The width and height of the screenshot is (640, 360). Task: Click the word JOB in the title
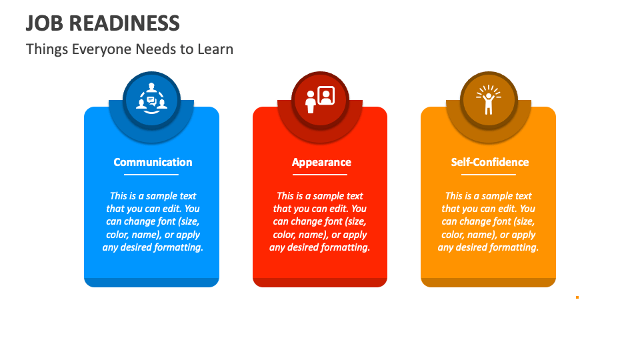[44, 23]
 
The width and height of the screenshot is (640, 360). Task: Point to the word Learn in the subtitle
[215, 49]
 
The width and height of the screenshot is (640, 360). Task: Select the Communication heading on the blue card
[153, 162]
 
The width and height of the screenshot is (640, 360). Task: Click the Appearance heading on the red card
[321, 162]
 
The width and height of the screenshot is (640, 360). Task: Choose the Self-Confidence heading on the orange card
[490, 162]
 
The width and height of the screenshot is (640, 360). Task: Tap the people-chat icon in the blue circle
[152, 100]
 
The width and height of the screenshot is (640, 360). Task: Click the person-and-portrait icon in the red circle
[320, 100]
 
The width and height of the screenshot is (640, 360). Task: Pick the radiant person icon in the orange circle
[489, 100]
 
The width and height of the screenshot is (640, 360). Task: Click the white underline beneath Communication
[151, 175]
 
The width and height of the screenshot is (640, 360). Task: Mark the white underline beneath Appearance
[320, 175]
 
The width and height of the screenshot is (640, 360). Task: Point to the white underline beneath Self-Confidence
[489, 175]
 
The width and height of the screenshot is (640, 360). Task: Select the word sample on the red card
[319, 196]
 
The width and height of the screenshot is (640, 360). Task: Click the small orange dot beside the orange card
[577, 297]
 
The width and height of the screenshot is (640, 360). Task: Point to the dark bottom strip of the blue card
[151, 283]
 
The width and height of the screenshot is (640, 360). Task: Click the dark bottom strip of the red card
[320, 283]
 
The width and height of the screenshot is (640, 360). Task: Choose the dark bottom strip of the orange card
[489, 283]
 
